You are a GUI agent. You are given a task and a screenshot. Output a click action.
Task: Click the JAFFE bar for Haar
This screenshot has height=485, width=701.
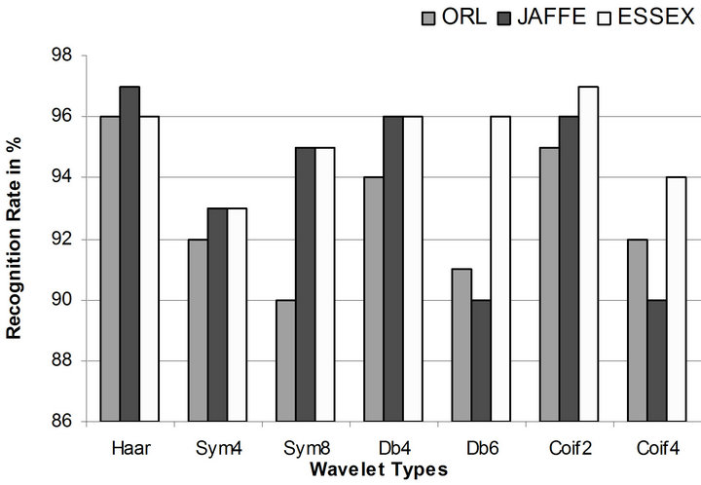[x=129, y=253]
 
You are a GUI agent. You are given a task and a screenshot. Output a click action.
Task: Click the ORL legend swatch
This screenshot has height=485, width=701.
[x=429, y=17]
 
